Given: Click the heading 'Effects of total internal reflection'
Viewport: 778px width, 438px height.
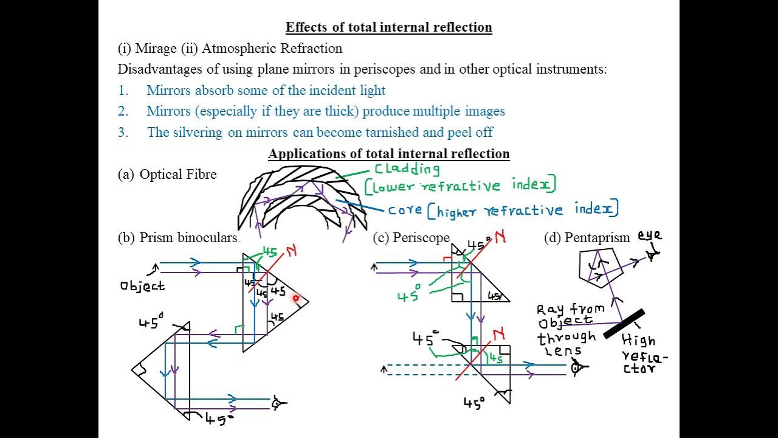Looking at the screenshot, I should pyautogui.click(x=388, y=27).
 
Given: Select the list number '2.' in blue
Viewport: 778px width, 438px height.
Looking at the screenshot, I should pyautogui.click(x=123, y=111).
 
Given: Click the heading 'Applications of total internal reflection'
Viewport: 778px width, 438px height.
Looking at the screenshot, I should pyautogui.click(x=388, y=154).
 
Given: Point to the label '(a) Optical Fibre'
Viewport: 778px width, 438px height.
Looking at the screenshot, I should pyautogui.click(x=167, y=175).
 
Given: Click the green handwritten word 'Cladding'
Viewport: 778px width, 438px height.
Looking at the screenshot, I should pyautogui.click(x=407, y=169).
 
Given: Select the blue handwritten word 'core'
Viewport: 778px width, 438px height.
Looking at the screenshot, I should pyautogui.click(x=405, y=210).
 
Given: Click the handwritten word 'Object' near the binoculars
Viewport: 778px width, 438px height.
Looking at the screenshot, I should pyautogui.click(x=142, y=286).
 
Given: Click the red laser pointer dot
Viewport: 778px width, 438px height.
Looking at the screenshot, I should pyautogui.click(x=296, y=298).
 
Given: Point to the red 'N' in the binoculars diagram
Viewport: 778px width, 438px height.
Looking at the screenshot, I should pyautogui.click(x=291, y=251).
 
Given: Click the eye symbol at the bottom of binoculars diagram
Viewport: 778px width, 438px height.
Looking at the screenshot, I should pyautogui.click(x=278, y=403).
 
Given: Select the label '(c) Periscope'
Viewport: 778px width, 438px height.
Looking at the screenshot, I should pyautogui.click(x=411, y=238).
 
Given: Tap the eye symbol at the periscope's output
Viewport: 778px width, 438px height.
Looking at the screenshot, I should pyautogui.click(x=577, y=367).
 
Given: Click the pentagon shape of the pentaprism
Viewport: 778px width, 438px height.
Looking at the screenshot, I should pyautogui.click(x=601, y=268).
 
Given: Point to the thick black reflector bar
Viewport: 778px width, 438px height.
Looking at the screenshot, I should pyautogui.click(x=624, y=324).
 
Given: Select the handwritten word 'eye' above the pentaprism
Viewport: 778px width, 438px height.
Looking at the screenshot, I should pyautogui.click(x=649, y=236).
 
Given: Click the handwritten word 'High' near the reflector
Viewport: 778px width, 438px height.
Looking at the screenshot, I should pyautogui.click(x=638, y=341).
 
